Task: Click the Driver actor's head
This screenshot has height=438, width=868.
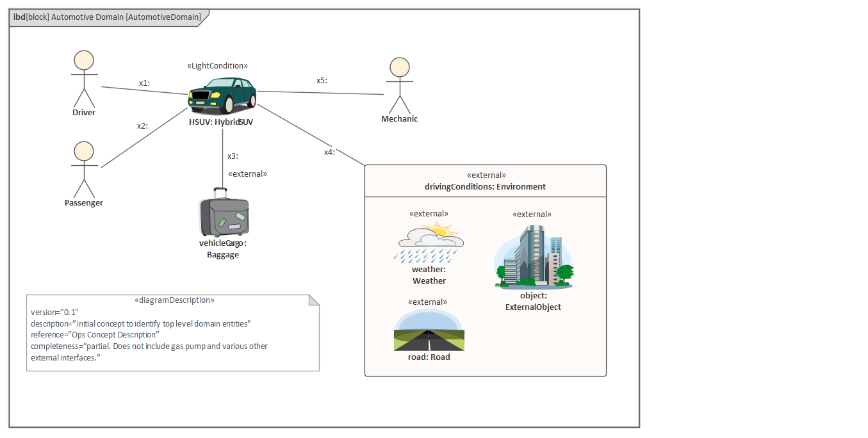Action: coord(84,60)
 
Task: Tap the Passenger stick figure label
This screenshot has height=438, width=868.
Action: coord(84,203)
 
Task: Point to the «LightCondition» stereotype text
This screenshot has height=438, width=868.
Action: coord(217,66)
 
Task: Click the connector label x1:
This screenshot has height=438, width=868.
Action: coord(144,83)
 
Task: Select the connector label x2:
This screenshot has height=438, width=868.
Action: coord(142,126)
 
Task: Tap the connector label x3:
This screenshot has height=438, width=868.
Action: coord(233,156)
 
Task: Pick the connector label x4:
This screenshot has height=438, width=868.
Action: coord(329,152)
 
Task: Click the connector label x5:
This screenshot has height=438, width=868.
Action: coord(322,81)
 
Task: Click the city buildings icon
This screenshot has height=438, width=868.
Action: coord(534,256)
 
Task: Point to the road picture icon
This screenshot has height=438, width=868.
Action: coord(429,331)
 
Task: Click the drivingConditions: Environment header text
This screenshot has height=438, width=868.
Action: coord(485,187)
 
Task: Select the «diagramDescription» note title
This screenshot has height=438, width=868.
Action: coord(174,300)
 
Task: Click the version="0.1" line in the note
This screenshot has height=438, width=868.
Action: coord(54,312)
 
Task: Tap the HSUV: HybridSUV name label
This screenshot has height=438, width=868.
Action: coord(221,122)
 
